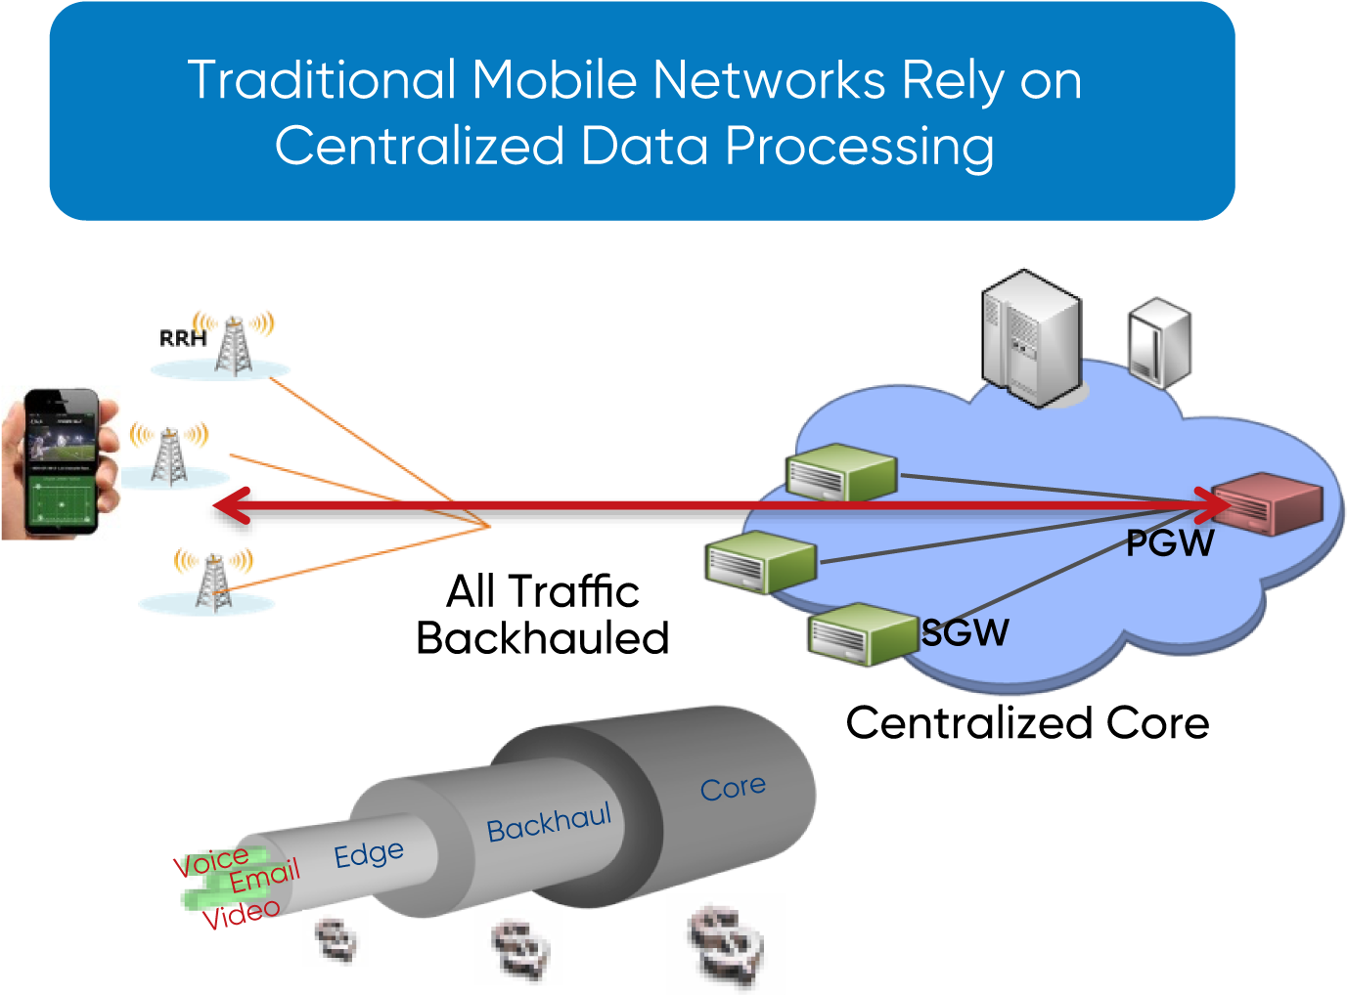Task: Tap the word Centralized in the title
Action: pyautogui.click(x=420, y=147)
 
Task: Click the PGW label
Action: pyautogui.click(x=1169, y=543)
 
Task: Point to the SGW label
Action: pyautogui.click(x=965, y=633)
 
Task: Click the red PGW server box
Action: pyautogui.click(x=1268, y=503)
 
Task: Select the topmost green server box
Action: pyautogui.click(x=842, y=472)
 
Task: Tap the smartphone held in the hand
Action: pyautogui.click(x=62, y=462)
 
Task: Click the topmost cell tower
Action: pyautogui.click(x=233, y=344)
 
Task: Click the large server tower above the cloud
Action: pyautogui.click(x=1032, y=338)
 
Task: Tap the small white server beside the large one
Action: pyautogui.click(x=1159, y=342)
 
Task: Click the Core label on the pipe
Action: pyautogui.click(x=733, y=788)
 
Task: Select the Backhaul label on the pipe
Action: pyautogui.click(x=549, y=823)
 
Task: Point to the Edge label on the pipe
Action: pyautogui.click(x=369, y=854)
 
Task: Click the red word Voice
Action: pyautogui.click(x=211, y=862)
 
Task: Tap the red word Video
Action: pyautogui.click(x=241, y=914)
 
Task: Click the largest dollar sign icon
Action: pyautogui.click(x=725, y=943)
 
